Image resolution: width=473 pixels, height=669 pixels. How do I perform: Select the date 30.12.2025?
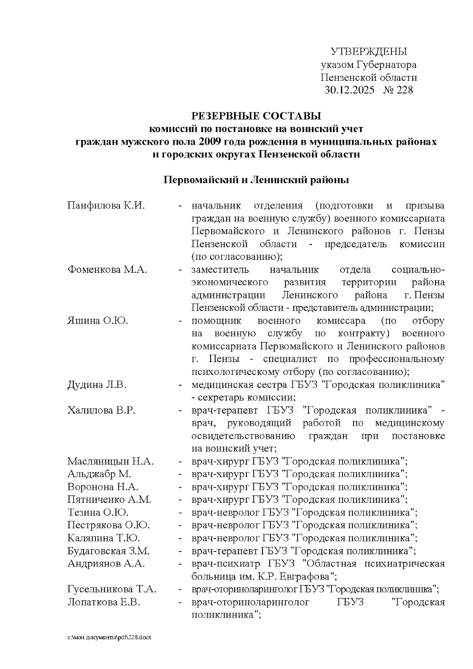coord(349,90)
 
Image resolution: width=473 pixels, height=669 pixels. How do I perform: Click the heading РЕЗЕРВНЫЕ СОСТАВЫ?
coord(256,116)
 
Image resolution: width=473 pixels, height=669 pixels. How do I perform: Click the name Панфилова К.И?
coord(106,206)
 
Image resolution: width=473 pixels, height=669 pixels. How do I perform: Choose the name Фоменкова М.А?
coord(107,270)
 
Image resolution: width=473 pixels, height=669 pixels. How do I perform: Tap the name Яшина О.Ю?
coord(97,321)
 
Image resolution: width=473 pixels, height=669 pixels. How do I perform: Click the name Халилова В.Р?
coord(101,410)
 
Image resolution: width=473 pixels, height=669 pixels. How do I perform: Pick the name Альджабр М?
coord(99,474)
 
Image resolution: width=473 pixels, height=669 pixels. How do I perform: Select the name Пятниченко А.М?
coord(109,499)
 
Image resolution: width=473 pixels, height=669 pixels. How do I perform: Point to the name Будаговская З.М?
coord(108,551)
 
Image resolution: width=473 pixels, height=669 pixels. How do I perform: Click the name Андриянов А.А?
coord(106,564)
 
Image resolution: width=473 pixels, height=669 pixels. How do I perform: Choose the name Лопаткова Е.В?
coord(104,602)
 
